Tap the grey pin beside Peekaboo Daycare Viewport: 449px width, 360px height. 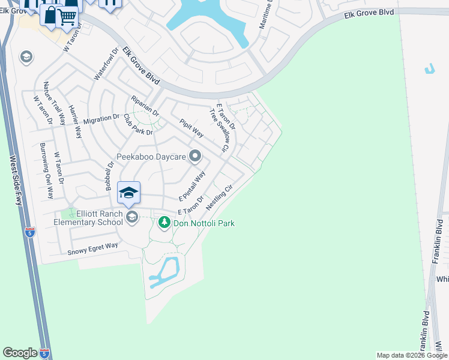point(195,157)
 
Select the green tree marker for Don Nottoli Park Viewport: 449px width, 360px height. point(164,223)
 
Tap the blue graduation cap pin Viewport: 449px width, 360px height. point(128,193)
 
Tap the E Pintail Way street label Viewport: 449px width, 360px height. point(192,186)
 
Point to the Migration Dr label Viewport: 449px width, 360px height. point(101,119)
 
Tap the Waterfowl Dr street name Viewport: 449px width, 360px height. point(103,65)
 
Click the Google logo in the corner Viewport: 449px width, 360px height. point(20,353)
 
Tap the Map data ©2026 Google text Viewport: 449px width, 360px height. point(412,355)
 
